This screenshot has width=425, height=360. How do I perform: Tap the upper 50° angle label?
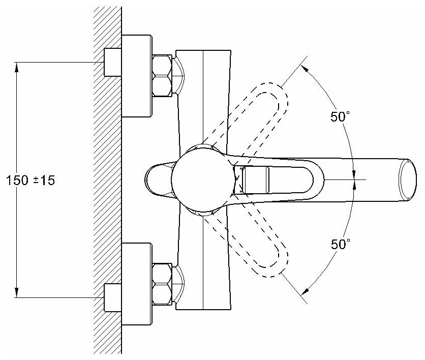coord(340,116)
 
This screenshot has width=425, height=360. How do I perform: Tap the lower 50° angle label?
coord(340,244)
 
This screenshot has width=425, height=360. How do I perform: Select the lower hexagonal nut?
coord(163,282)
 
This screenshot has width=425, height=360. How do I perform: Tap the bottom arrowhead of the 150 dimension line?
coord(17,292)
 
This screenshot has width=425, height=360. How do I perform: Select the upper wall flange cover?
coord(137,75)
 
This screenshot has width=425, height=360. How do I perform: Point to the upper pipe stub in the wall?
coord(113,62)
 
